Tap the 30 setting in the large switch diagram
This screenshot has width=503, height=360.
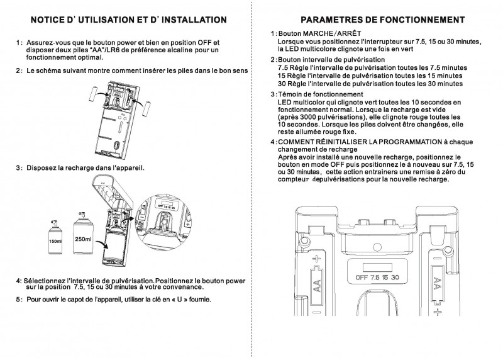pos(395,277)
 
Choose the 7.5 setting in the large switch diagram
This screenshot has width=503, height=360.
pos(376,277)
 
